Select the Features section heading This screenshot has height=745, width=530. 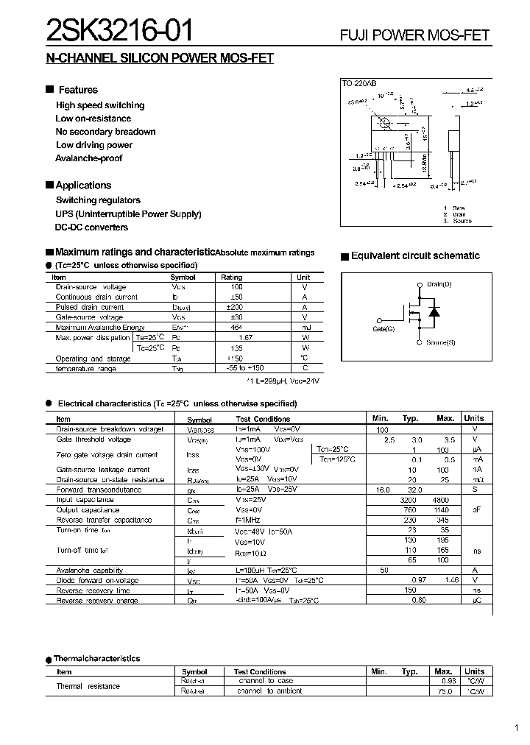[x=77, y=90]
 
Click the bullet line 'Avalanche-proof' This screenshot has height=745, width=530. [x=88, y=158]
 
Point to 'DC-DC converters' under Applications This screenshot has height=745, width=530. [x=91, y=227]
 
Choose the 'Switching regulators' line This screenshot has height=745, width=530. [x=98, y=200]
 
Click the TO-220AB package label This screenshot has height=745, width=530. [x=358, y=85]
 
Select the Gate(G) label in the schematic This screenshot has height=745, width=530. [x=384, y=329]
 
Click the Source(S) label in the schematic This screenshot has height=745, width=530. [x=440, y=342]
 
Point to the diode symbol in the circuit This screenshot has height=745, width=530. [x=434, y=312]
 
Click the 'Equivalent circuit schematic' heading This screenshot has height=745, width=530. [x=415, y=256]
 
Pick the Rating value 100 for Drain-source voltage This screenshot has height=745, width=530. [x=236, y=286]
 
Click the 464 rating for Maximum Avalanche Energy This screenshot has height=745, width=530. [x=236, y=327]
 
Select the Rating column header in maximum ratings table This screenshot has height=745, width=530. [x=232, y=277]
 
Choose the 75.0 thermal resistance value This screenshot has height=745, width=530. [x=443, y=691]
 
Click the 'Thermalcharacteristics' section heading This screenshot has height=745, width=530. [x=97, y=659]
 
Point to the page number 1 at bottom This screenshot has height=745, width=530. [x=518, y=729]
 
